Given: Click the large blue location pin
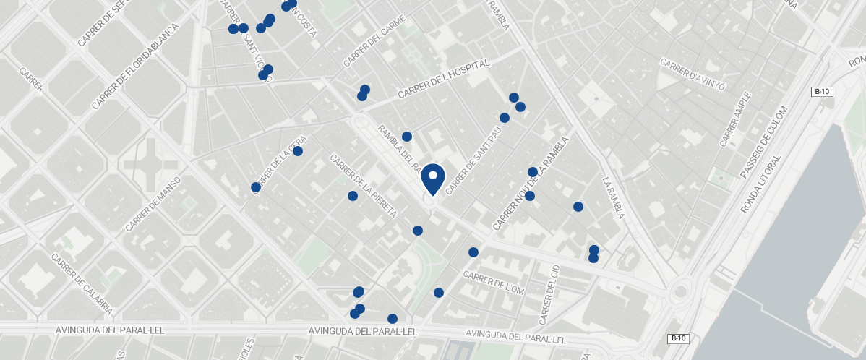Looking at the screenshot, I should tap(432, 179).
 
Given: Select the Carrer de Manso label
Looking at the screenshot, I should tap(153, 203).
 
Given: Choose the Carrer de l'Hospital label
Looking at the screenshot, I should tap(443, 80).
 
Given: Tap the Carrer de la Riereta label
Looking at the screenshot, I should tap(363, 186).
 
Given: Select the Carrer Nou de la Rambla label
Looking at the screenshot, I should tap(531, 184).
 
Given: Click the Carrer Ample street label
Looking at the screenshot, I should tap(735, 119).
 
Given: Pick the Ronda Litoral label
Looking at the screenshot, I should tap(760, 184).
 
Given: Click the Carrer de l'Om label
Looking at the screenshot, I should tap(493, 283).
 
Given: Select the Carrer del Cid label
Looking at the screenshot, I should tap(550, 294).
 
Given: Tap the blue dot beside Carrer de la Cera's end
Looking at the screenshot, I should tap(297, 151).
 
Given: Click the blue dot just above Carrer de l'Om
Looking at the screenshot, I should tap(473, 252).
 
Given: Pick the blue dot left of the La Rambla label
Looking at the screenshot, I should tap(578, 207).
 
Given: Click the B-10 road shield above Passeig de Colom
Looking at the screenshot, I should tap(822, 92).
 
